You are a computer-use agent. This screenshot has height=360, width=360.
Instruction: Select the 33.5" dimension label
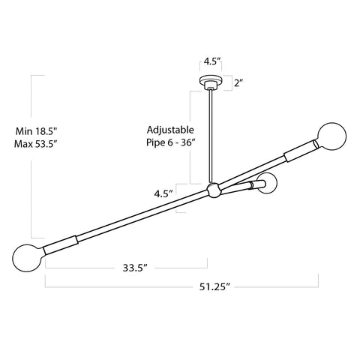tap(129, 266)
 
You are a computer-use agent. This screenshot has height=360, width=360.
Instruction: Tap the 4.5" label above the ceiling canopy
tap(210, 63)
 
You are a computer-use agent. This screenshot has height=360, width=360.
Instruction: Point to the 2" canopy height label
tap(239, 83)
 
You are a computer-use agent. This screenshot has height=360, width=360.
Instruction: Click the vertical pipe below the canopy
tap(210, 135)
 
